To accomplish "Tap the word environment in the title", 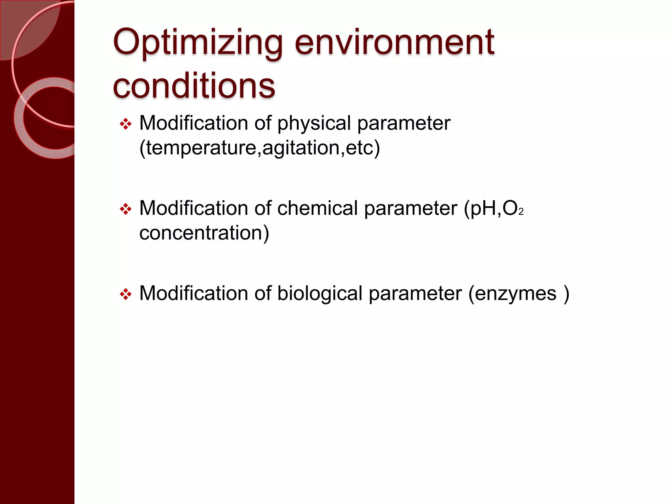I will point(394,43).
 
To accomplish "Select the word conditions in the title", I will point(194,86).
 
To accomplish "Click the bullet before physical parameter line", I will point(126,124).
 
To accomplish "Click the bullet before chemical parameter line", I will point(126,209).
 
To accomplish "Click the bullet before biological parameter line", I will point(126,294).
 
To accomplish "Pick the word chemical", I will point(317,208).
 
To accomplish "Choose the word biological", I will point(320,293).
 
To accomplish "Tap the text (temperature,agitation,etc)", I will point(260,148).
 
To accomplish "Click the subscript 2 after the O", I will point(521,212).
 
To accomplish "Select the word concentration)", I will point(204,233).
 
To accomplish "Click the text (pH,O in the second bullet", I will point(491,209).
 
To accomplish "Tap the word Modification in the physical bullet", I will point(194,123).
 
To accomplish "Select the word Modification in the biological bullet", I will point(194,293).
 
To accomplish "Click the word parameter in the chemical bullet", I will point(410,208).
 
